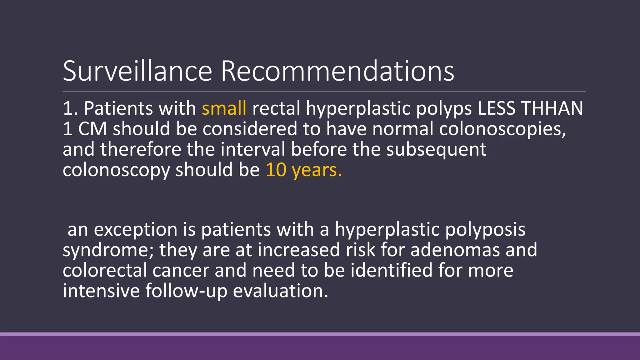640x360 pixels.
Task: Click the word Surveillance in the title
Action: [x=137, y=71]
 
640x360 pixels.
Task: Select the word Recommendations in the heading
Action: [x=337, y=71]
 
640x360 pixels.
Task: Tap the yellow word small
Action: [x=224, y=108]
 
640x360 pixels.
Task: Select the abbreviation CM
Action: [x=92, y=129]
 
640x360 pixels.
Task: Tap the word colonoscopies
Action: [x=502, y=129]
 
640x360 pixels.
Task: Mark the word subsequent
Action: [x=436, y=150]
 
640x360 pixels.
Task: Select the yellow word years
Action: [x=316, y=170]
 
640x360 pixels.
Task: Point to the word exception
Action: [x=136, y=230]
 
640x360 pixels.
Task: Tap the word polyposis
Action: [x=485, y=230]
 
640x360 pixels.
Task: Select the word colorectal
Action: [x=105, y=270]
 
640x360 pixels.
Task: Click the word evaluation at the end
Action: [x=280, y=291]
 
